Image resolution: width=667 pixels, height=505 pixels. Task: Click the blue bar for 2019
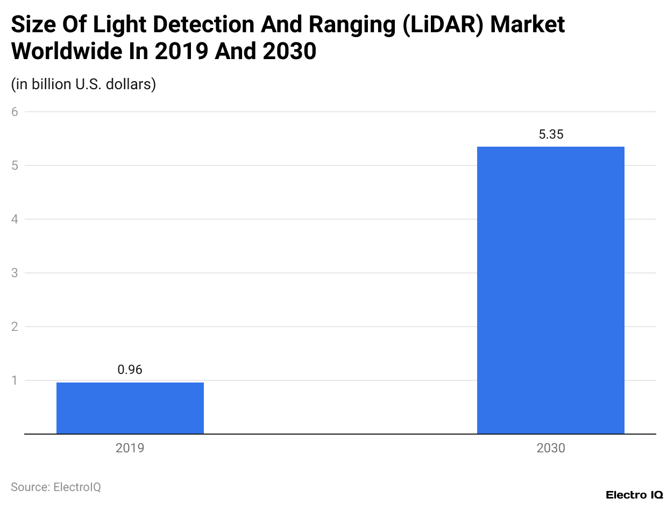click(130, 408)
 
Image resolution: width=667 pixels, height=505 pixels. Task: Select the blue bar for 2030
click(551, 290)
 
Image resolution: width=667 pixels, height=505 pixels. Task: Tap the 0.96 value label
click(130, 370)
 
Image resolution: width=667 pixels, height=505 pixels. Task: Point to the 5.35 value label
click(551, 134)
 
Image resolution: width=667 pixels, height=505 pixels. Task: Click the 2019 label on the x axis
click(130, 448)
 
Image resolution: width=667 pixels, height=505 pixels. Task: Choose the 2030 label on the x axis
click(551, 448)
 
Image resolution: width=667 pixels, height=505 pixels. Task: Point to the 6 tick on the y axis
click(15, 112)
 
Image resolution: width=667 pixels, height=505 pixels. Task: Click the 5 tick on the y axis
click(15, 165)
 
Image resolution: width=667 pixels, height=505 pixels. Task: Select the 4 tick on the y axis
click(15, 219)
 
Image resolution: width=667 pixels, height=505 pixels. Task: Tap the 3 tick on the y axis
click(15, 273)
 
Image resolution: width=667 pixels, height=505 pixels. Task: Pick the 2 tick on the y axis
click(15, 327)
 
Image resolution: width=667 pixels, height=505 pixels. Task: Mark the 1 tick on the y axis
click(15, 380)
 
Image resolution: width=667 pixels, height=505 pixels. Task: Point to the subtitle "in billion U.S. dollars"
click(83, 84)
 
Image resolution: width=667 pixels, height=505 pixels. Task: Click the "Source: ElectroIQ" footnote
click(56, 487)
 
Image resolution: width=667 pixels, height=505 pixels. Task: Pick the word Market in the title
click(528, 25)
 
